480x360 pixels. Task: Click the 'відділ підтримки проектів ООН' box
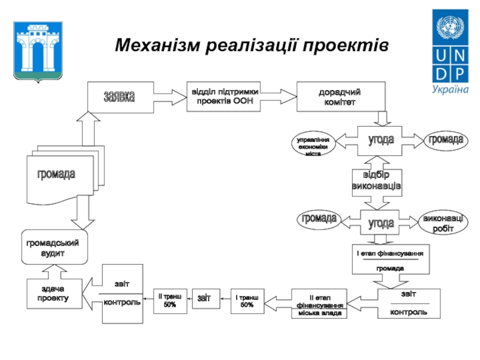225,96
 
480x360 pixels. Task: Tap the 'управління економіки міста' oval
313,143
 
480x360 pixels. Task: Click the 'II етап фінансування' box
319,304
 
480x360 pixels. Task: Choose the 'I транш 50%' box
247,301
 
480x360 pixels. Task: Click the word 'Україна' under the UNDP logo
450,89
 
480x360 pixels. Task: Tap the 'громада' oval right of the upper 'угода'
445,140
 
